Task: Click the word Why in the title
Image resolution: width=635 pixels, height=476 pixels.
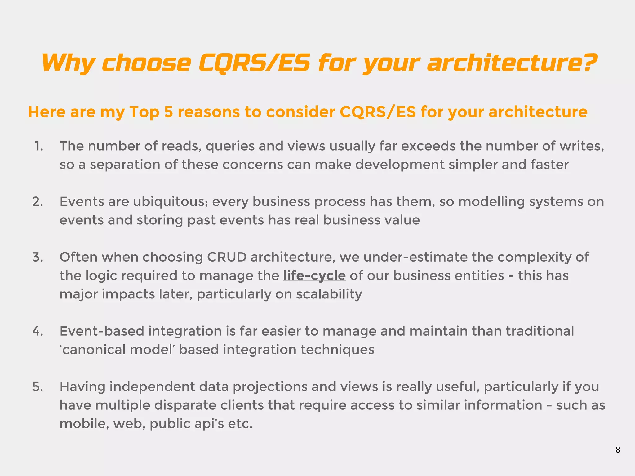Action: point(68,63)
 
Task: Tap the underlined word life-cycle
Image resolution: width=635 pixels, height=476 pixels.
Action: point(314,275)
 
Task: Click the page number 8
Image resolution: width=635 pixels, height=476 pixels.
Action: point(618,450)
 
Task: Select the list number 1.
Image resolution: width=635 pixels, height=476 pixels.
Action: point(39,146)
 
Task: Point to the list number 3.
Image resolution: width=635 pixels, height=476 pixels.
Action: point(38,257)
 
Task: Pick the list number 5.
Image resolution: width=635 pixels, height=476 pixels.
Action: point(38,387)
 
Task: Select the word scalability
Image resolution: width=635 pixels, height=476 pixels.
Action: point(329,294)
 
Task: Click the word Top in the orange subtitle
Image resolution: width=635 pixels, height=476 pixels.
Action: point(144,112)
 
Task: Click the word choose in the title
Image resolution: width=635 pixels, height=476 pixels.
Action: point(146,63)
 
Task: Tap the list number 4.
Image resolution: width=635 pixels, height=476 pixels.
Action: point(38,331)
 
